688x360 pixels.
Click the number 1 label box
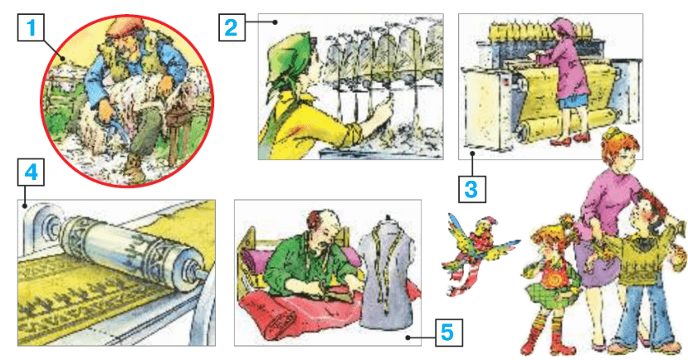31,27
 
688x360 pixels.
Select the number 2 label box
232,27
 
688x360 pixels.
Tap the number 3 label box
471,189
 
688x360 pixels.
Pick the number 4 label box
31,173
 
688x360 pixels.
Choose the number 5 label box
448,333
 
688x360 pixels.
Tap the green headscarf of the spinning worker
290,61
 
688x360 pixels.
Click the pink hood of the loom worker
562,27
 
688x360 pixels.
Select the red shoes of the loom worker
569,139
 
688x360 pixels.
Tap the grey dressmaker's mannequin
386,272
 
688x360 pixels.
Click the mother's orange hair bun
612,134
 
